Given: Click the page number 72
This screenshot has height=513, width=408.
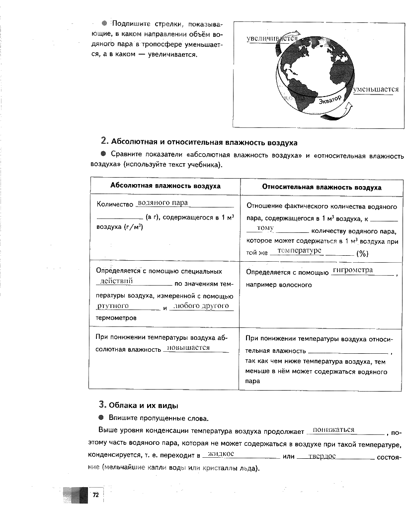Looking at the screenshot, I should click(95, 495).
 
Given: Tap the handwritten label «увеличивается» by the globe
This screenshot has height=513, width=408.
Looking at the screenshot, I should click(272, 38).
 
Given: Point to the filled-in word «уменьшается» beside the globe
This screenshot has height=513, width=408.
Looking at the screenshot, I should click(376, 90).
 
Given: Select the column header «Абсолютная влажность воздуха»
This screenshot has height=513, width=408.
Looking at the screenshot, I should click(165, 187).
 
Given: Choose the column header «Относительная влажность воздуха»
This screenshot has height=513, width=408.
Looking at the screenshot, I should click(322, 188).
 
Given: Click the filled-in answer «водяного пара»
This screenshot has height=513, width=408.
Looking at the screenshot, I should click(163, 203).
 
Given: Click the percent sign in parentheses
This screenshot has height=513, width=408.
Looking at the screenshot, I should click(362, 253).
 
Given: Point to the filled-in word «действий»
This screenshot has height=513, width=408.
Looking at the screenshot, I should click(116, 281).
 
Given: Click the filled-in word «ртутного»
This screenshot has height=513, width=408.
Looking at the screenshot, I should click(113, 306).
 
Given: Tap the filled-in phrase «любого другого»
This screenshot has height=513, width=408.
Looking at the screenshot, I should click(202, 306).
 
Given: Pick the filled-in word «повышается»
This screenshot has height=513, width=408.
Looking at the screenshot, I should click(189, 348).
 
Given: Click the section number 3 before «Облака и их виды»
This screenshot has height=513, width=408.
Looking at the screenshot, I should click(101, 404).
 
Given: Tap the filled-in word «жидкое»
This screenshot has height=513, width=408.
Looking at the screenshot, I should click(221, 454).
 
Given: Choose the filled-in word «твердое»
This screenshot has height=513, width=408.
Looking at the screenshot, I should click(322, 456).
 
